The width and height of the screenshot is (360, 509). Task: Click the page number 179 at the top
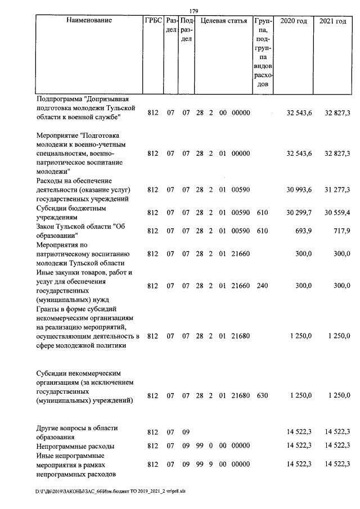194,11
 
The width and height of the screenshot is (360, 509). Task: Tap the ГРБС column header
153,21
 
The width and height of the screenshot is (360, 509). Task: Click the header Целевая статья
223,21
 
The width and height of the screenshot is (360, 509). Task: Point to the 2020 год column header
294,21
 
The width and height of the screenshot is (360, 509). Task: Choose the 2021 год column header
333,21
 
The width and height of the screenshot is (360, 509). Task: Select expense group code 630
262,395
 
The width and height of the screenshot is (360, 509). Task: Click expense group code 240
262,286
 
